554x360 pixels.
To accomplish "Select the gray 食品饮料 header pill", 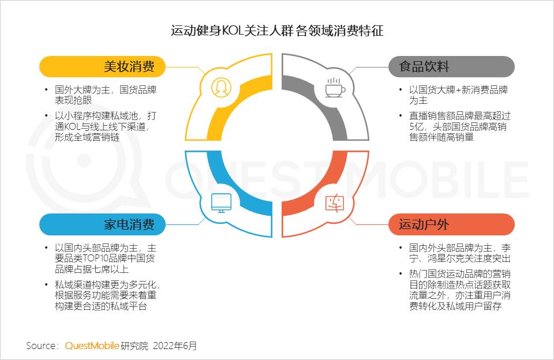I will click(451, 66).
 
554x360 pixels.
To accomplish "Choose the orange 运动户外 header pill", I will click(451, 224).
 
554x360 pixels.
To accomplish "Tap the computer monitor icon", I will click(220, 202).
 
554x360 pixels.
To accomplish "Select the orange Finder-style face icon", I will click(334, 202).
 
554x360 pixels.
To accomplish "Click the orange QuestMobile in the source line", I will click(92, 346).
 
